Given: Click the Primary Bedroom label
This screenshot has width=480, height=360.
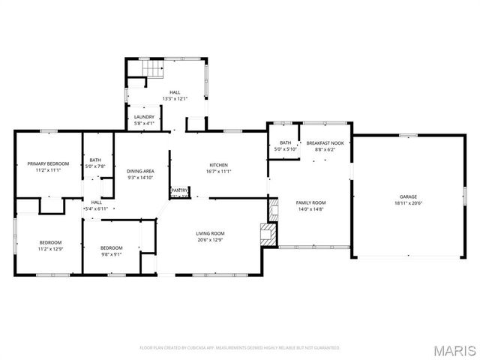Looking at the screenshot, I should click(x=48, y=163).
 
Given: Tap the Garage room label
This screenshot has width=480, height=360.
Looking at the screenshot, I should click(x=408, y=196).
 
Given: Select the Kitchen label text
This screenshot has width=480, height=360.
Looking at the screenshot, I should click(x=218, y=165).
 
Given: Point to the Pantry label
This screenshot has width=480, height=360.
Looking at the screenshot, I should click(x=180, y=190).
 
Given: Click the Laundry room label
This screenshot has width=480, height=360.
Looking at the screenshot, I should click(x=144, y=117).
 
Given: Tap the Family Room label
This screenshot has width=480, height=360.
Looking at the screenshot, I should click(x=311, y=202).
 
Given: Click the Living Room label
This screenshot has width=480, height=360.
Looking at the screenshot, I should click(x=210, y=233).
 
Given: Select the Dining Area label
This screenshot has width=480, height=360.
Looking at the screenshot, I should click(x=140, y=171).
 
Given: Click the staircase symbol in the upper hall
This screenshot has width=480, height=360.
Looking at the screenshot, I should click(x=152, y=70).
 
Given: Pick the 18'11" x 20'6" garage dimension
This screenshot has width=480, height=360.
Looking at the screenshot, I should click(x=408, y=203).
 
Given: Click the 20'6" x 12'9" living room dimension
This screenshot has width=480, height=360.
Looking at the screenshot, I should click(x=210, y=240).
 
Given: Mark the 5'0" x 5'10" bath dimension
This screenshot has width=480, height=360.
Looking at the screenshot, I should click(x=286, y=149).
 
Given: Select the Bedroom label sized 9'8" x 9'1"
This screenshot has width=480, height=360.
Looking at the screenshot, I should click(x=111, y=247).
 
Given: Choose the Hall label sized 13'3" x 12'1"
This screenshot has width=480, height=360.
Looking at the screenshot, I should click(x=175, y=92).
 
